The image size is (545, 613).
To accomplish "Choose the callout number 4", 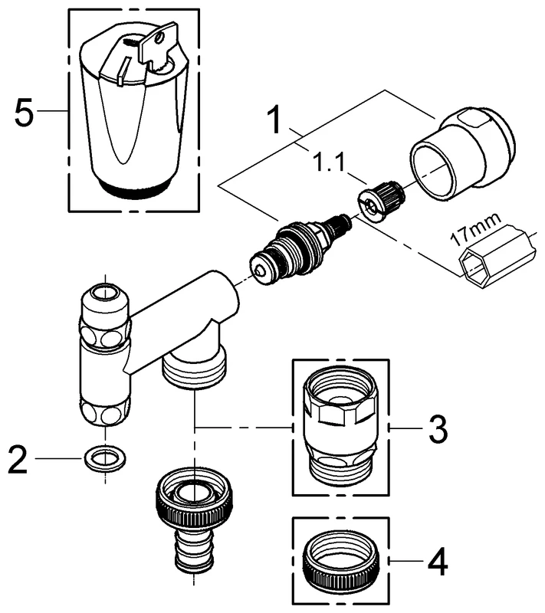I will tap(438, 565).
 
